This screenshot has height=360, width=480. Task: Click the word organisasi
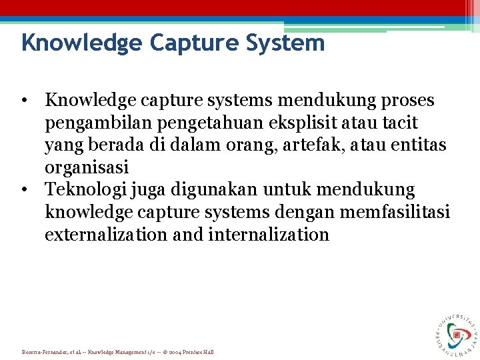tap(87, 167)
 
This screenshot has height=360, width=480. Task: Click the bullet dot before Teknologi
tap(24, 190)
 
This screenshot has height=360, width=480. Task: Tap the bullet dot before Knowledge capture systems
tap(24, 100)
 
